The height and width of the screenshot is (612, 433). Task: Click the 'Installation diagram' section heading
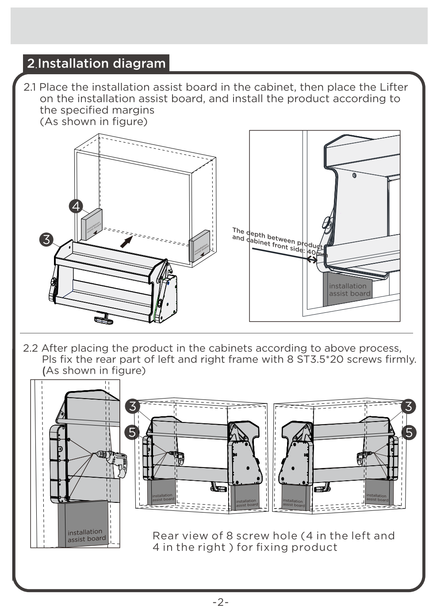[x=101, y=64]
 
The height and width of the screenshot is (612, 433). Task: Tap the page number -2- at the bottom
[x=220, y=602]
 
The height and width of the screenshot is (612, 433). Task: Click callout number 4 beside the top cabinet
[x=76, y=206]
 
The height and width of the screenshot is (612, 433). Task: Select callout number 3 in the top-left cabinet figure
[x=46, y=240]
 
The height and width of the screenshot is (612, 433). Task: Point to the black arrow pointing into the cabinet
[x=126, y=241]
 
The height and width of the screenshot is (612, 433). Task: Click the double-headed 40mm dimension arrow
[x=312, y=260]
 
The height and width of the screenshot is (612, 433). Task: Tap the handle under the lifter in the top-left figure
[x=104, y=317]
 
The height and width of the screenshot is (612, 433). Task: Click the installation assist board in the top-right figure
[x=348, y=290]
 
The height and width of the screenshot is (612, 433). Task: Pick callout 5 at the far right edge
[x=409, y=432]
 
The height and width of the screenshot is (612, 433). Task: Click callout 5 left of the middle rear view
[x=132, y=432]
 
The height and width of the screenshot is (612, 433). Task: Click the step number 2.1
[x=30, y=87]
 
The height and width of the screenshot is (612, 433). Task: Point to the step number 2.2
[x=31, y=348]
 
